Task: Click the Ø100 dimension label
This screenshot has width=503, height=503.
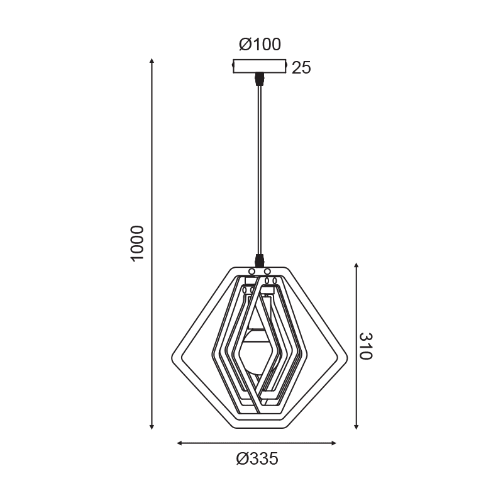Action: click(260, 45)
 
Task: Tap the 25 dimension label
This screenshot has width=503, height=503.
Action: click(302, 68)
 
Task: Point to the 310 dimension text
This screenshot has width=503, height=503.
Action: click(366, 346)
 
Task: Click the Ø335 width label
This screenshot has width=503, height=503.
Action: click(257, 460)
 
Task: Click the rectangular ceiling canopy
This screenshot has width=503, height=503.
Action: click(260, 66)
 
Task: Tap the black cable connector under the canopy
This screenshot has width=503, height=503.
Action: click(259, 79)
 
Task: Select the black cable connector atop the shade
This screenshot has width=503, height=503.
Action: click(259, 259)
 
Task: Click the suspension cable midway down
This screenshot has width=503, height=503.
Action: click(259, 170)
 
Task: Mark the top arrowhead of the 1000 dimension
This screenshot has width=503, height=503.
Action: click(152, 62)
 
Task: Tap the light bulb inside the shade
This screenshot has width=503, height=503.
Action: click(258, 352)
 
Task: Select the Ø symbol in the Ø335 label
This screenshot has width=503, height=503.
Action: click(242, 460)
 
